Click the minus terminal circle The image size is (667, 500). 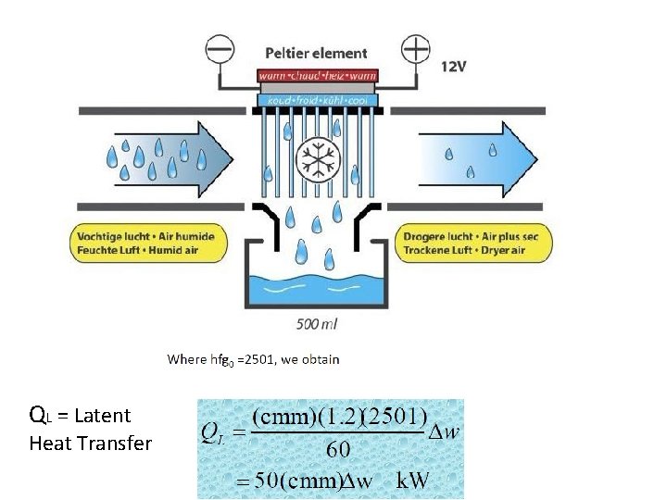(220, 49)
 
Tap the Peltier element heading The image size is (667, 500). (316, 54)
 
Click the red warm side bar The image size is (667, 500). (317, 75)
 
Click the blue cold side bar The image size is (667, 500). (317, 98)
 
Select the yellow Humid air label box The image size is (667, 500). (146, 243)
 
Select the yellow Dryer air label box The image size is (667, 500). (476, 243)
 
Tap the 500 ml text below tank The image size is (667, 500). (316, 323)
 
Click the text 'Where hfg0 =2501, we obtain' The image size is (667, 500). (253, 359)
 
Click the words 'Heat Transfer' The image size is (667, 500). (90, 444)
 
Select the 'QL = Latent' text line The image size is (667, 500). (80, 415)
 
